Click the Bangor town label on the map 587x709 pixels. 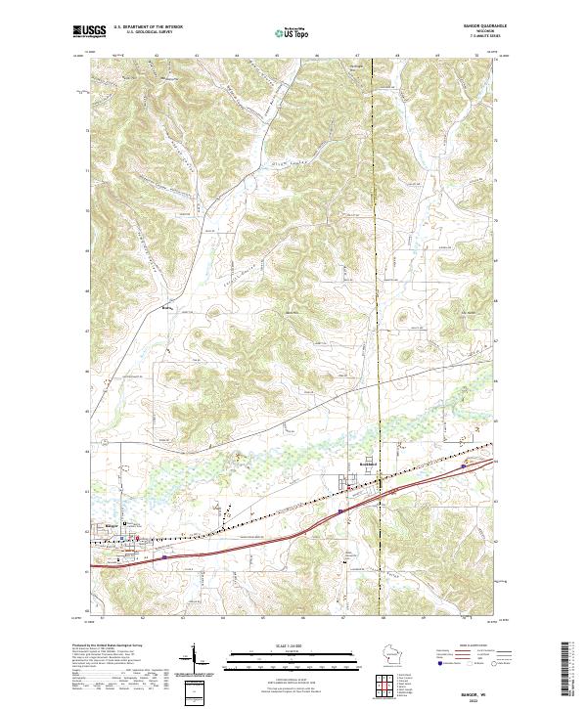tap(110, 525)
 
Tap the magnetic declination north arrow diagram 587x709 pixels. tap(195, 660)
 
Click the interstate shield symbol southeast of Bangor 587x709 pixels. tap(164, 557)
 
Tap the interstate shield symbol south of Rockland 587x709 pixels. tap(339, 510)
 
